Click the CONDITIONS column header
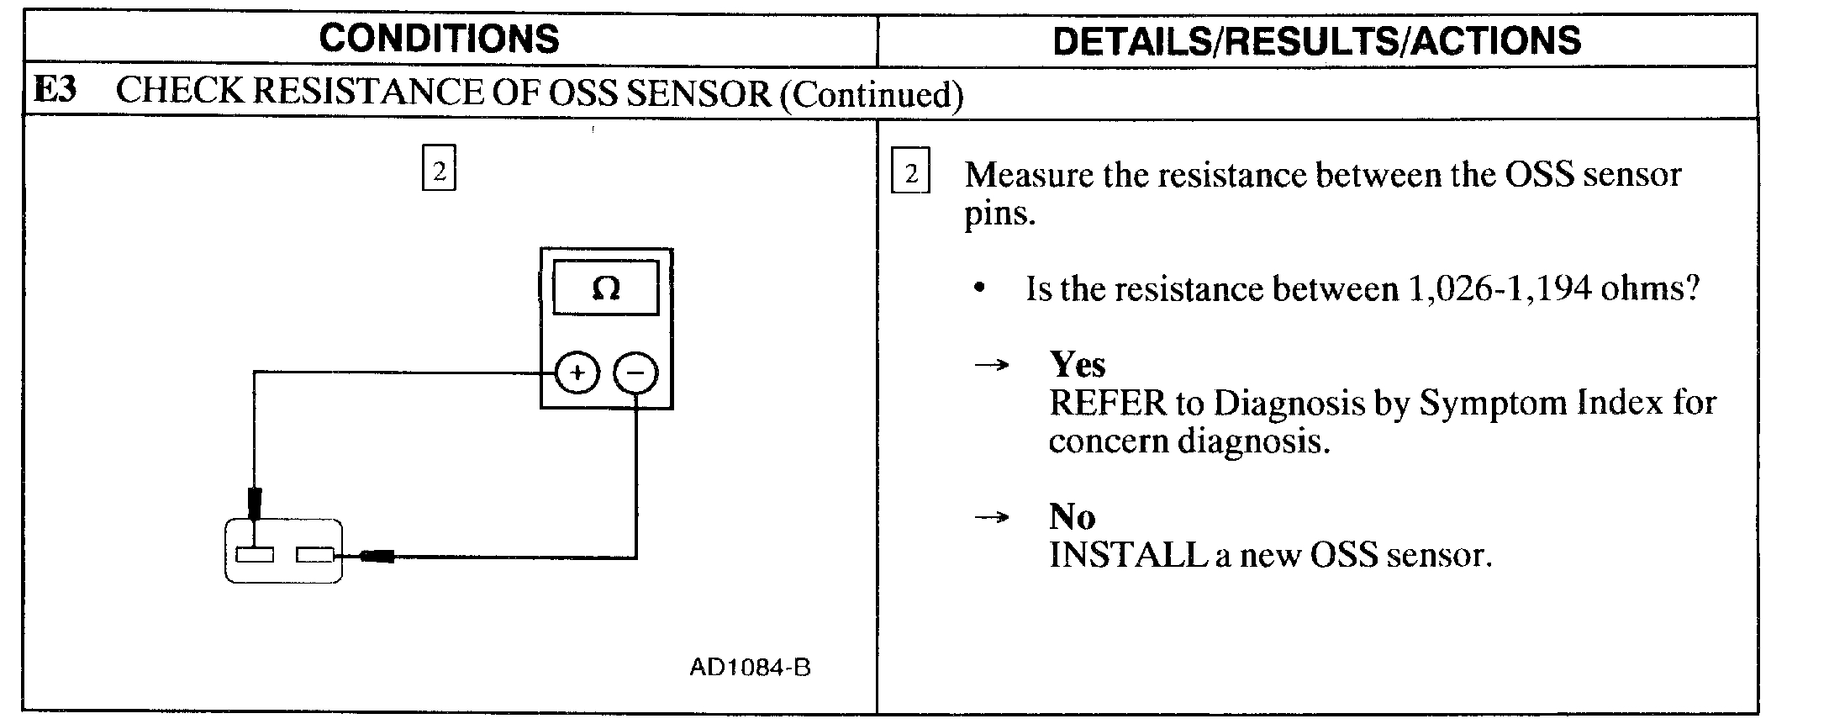(x=439, y=39)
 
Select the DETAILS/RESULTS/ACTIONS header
(x=1316, y=40)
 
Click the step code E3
(x=55, y=91)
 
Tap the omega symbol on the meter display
(x=605, y=289)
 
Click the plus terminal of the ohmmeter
(x=577, y=373)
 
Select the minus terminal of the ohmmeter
(x=636, y=373)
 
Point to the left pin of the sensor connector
(x=255, y=555)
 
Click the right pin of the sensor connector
(x=315, y=555)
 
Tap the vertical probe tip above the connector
(x=255, y=503)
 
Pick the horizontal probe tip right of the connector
(x=377, y=555)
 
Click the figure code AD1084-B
(x=750, y=668)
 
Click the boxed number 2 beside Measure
(x=910, y=173)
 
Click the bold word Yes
(x=1078, y=365)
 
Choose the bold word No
(x=1072, y=516)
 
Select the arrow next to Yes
(x=992, y=366)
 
